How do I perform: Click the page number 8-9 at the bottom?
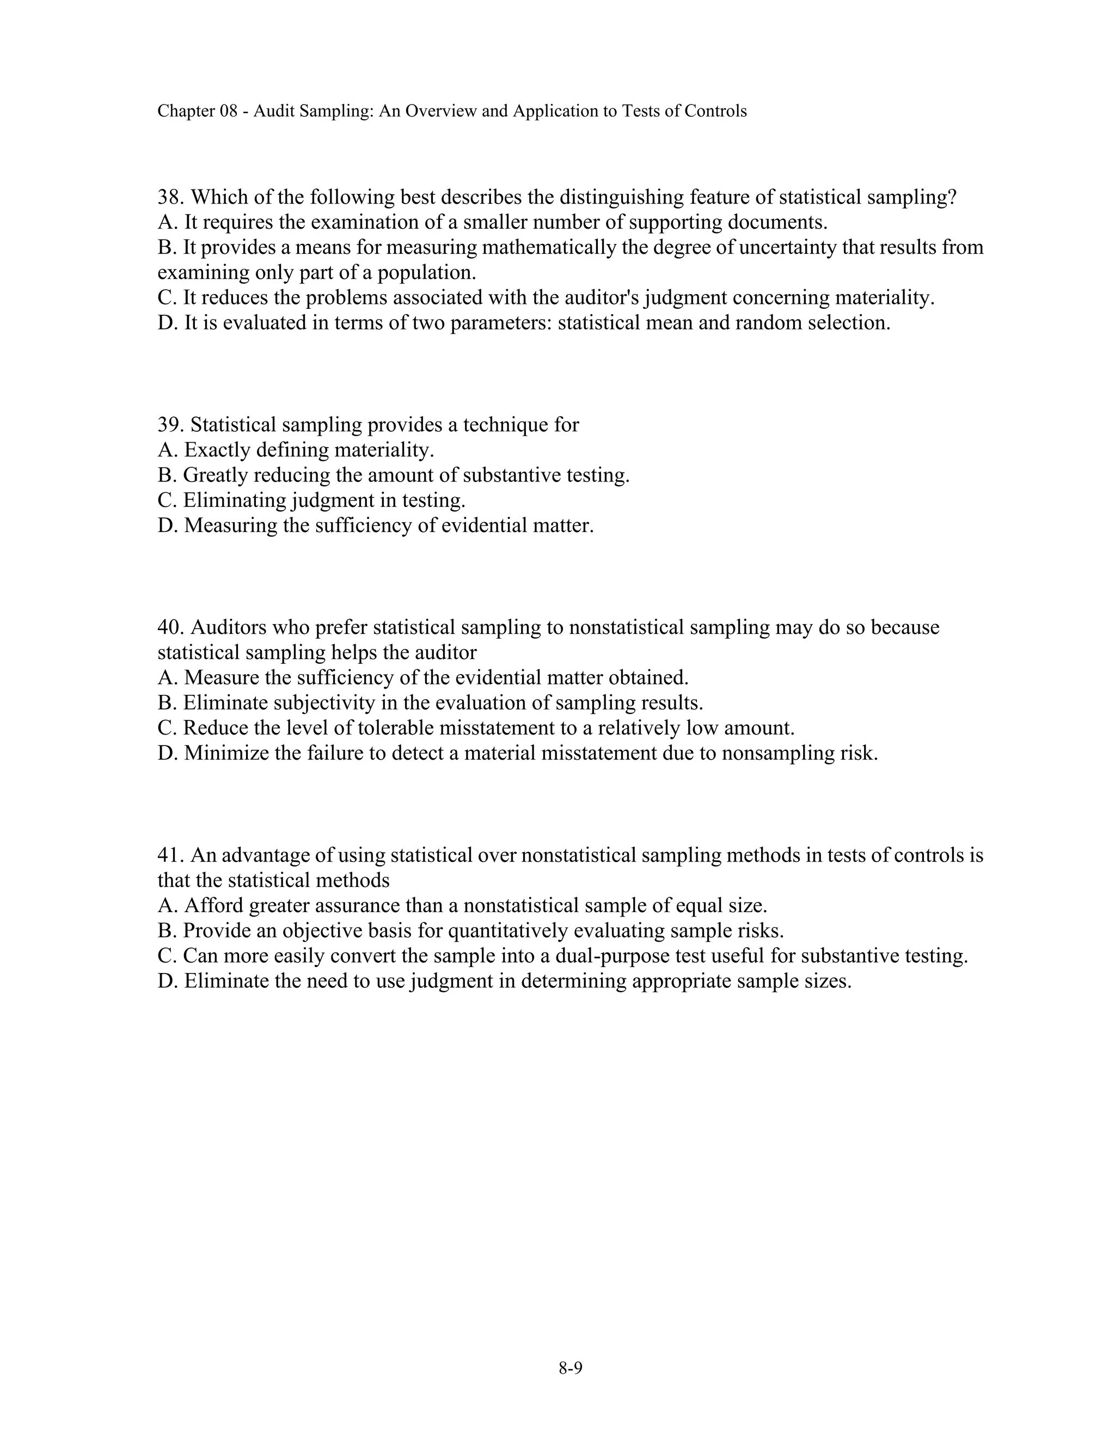[x=570, y=1368]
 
